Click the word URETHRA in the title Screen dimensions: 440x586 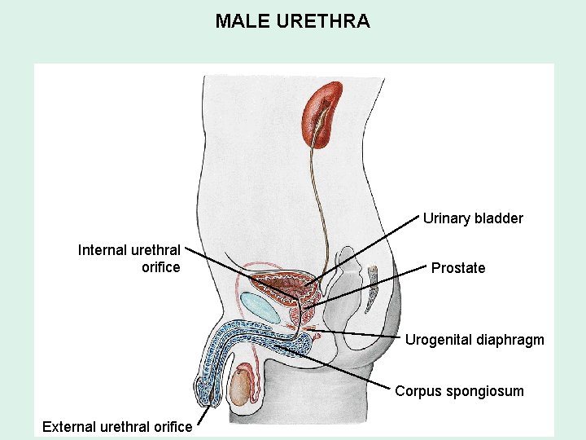click(x=323, y=21)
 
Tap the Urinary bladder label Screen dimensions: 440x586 click(x=473, y=218)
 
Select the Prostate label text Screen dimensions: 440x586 click(x=458, y=268)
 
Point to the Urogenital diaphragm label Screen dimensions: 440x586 click(x=474, y=340)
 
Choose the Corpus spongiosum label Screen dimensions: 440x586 click(x=459, y=391)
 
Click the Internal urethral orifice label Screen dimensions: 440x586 click(x=129, y=258)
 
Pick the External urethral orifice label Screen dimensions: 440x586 click(x=117, y=426)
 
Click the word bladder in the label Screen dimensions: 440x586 click(x=498, y=218)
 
